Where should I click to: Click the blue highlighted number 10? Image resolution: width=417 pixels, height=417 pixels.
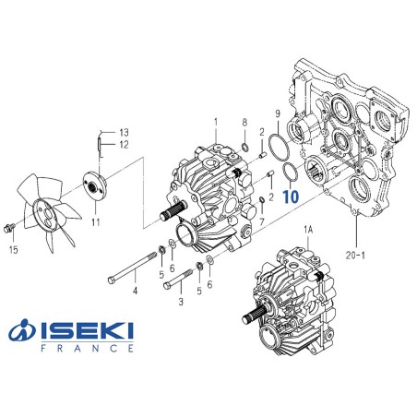point(292,197)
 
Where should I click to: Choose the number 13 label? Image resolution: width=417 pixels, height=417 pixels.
point(124,131)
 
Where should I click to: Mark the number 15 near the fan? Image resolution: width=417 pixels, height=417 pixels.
point(13,250)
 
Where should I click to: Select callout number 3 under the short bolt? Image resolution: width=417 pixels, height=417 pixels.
point(181,302)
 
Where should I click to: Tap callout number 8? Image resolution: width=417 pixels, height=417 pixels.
point(244,123)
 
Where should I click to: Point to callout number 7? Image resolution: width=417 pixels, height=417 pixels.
point(263,222)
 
